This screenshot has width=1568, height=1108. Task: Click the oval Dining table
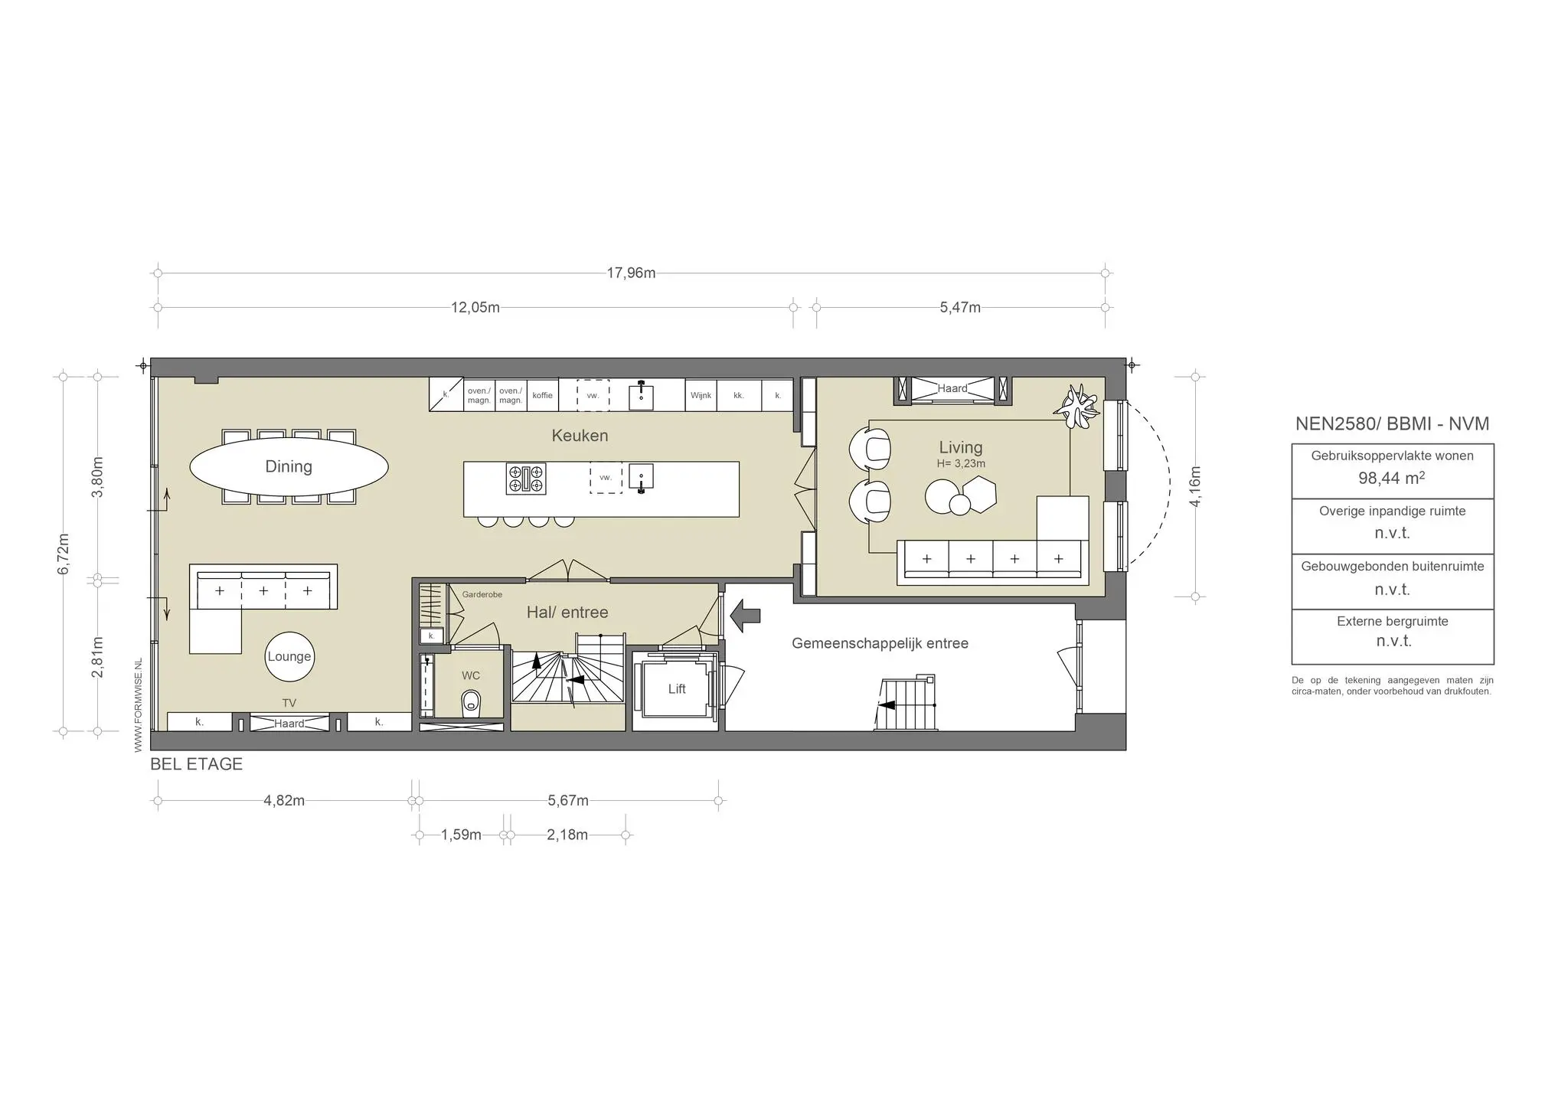click(x=289, y=466)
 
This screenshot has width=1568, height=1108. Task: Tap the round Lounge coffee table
click(x=289, y=656)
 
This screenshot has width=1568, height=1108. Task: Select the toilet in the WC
click(x=472, y=702)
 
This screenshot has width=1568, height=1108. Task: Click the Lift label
click(x=677, y=689)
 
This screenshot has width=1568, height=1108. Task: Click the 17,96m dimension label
click(x=631, y=273)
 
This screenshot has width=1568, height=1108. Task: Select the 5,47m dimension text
click(x=960, y=308)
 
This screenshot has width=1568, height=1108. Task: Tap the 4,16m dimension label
click(x=1196, y=485)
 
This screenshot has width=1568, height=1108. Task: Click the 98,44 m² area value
click(x=1392, y=479)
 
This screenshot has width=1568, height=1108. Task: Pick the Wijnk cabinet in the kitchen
click(x=701, y=396)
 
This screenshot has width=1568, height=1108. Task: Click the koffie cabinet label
click(x=542, y=396)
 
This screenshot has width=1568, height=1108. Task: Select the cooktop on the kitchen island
click(x=526, y=479)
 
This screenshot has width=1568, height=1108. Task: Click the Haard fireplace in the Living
click(x=952, y=389)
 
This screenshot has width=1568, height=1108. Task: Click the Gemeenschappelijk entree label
click(x=880, y=643)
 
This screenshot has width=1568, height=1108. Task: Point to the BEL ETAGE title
click(x=197, y=764)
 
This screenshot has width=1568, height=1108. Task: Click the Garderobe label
click(x=482, y=594)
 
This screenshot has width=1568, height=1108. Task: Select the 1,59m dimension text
click(x=461, y=835)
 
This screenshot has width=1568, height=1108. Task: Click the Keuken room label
click(x=580, y=436)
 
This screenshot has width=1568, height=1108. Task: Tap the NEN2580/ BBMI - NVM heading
click(x=1392, y=423)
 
